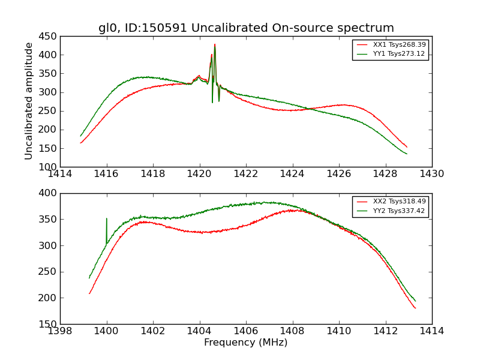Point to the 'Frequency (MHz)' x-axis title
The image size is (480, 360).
pos(246,343)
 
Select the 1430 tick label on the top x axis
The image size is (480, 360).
pos(431,174)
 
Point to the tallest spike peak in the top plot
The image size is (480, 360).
pos(215,44)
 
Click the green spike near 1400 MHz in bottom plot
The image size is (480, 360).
pos(106,219)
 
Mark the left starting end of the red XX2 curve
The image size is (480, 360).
pos(89,293)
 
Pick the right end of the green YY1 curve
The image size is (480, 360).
pos(407,154)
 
